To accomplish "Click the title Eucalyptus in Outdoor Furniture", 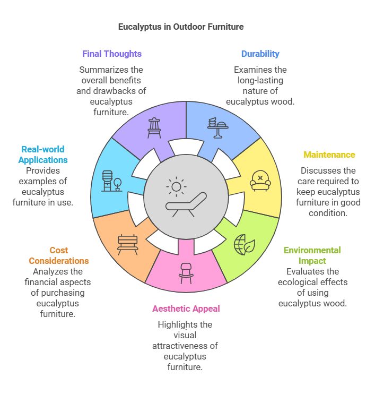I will (x=181, y=26).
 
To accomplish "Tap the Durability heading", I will (x=260, y=54).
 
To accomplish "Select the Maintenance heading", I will (x=329, y=155).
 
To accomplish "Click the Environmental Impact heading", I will (x=312, y=255).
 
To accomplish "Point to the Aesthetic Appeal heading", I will (x=186, y=309).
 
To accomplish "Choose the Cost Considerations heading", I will (x=59, y=255).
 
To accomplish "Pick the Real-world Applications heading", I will (x=43, y=155).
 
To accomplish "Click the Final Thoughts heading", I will (x=112, y=54).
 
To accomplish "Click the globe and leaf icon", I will (x=245, y=245).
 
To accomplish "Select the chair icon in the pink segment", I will (x=186, y=271).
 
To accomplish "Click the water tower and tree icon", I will (x=111, y=181).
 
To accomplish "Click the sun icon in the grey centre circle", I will (x=176, y=186).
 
